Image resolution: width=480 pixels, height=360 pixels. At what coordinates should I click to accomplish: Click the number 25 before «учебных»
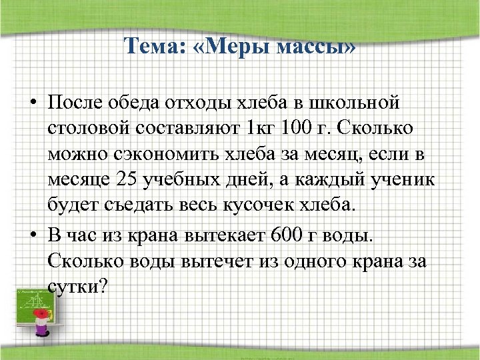click(127, 179)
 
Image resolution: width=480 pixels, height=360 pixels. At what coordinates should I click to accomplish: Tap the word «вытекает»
click(223, 235)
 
